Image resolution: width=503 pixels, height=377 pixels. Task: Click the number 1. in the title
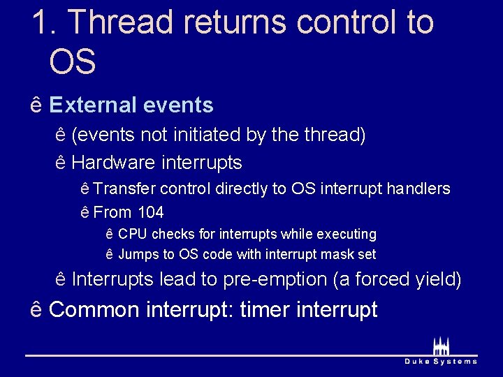point(44,22)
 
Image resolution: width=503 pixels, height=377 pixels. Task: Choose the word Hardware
point(113,163)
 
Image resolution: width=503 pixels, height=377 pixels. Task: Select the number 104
point(150,212)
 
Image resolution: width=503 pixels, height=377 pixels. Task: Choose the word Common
point(94,309)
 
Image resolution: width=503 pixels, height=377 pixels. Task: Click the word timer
point(263,309)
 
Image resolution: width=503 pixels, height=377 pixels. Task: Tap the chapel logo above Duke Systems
point(441,346)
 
